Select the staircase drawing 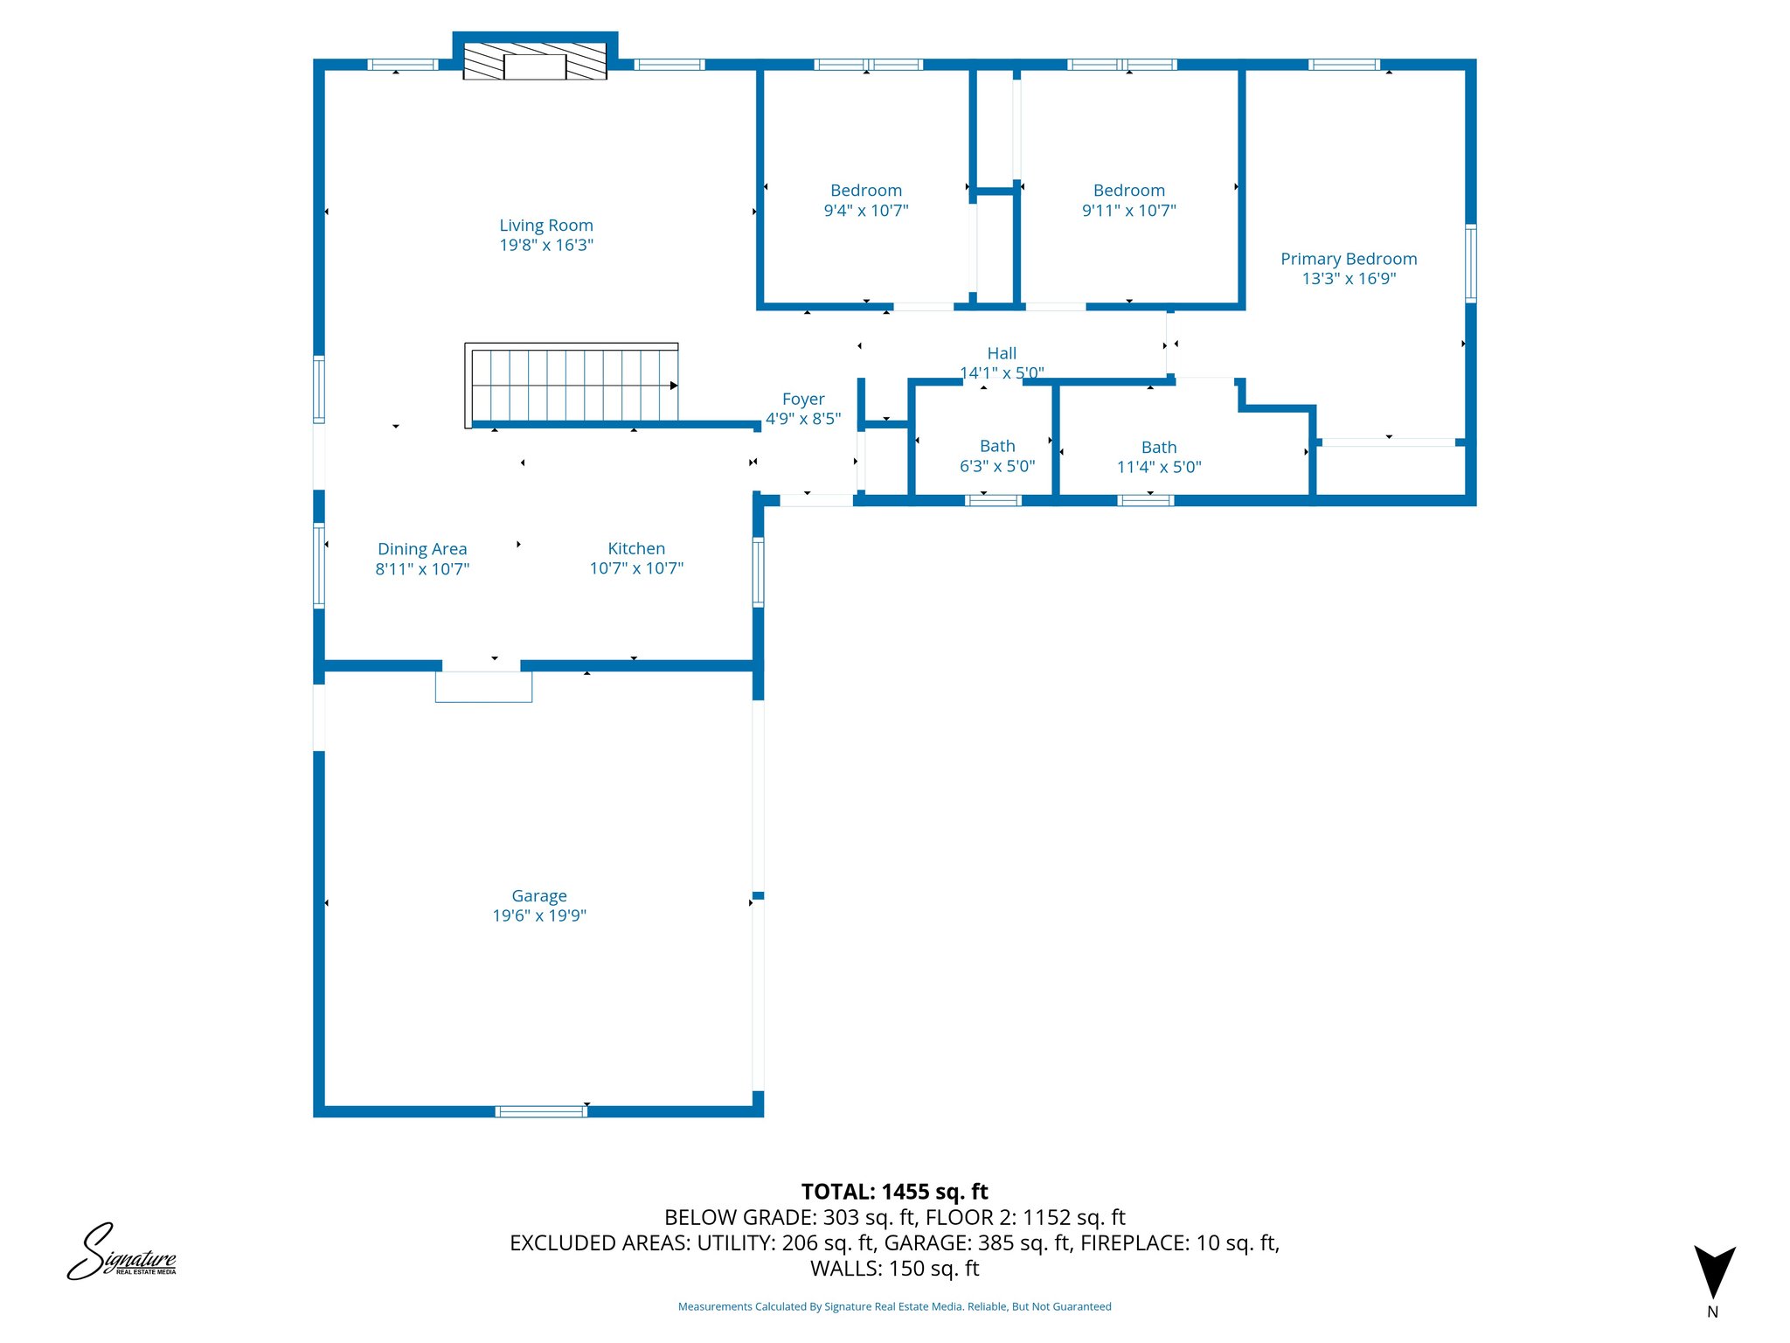pos(572,386)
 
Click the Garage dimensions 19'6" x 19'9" pos(539,915)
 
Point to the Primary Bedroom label pos(1349,259)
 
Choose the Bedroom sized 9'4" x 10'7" pos(866,200)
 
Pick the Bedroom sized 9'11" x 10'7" pos(1129,200)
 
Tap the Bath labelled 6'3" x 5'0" pos(997,456)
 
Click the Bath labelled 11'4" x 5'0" pos(1159,456)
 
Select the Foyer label pos(803,400)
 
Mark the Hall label pos(1002,353)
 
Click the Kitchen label pos(636,549)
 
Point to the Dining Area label pos(422,549)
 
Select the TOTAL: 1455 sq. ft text pos(894,1192)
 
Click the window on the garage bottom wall pos(541,1111)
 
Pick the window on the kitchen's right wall pos(758,573)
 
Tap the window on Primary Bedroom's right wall pos(1470,263)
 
